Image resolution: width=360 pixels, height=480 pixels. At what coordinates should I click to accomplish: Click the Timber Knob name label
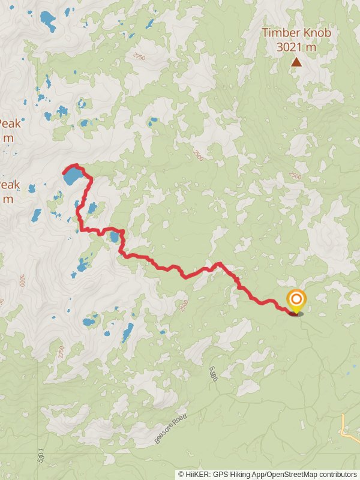[x=296, y=33]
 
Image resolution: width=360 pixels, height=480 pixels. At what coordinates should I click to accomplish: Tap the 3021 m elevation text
[x=296, y=47]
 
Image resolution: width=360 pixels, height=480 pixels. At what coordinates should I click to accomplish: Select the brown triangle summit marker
[x=296, y=61]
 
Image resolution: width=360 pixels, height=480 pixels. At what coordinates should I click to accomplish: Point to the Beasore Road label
[x=170, y=428]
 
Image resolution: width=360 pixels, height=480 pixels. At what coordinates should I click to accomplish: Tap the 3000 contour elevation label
[x=21, y=280]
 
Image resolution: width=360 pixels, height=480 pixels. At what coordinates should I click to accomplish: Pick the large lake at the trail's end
[x=73, y=176]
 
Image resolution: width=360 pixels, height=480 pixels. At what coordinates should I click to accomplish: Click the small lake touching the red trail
[x=114, y=237]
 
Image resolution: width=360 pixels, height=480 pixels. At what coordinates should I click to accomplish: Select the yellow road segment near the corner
[x=348, y=427]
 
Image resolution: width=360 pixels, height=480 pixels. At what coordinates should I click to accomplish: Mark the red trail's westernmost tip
[x=62, y=174]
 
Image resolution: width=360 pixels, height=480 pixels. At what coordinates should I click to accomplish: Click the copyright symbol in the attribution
[x=181, y=474]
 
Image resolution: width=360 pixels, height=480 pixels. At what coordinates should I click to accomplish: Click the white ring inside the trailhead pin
[x=295, y=298]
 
